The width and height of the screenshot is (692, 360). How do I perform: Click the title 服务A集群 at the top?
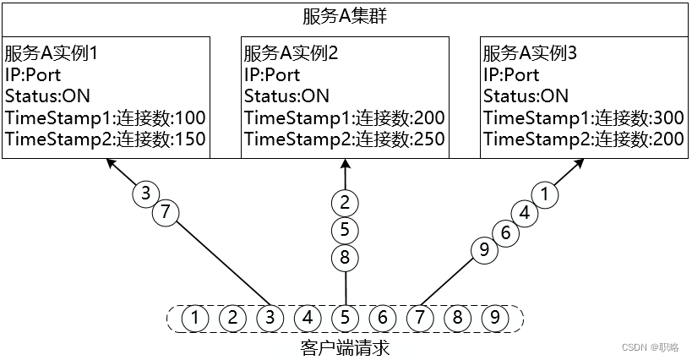[346, 16]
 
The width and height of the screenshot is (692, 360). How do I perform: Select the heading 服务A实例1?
[52, 53]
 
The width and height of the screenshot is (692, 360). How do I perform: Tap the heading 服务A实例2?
[292, 53]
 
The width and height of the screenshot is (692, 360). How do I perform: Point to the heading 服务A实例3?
[531, 53]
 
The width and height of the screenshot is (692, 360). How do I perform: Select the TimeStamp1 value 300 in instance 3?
[668, 117]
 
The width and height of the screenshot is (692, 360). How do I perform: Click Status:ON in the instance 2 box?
[286, 96]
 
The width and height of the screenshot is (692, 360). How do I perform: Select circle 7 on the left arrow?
[166, 213]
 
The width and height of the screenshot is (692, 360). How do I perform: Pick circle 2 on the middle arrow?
[345, 202]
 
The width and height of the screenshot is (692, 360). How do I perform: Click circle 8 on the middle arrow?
[345, 258]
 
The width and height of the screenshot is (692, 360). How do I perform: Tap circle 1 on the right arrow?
[547, 194]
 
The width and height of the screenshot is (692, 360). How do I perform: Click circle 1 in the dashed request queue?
[195, 319]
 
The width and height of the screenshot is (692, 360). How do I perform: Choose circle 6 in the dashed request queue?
[382, 319]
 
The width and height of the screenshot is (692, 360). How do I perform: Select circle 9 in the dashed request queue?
[494, 319]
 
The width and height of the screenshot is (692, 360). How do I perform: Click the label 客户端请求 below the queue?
[345, 346]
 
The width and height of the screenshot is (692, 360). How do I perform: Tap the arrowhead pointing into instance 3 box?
[581, 164]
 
